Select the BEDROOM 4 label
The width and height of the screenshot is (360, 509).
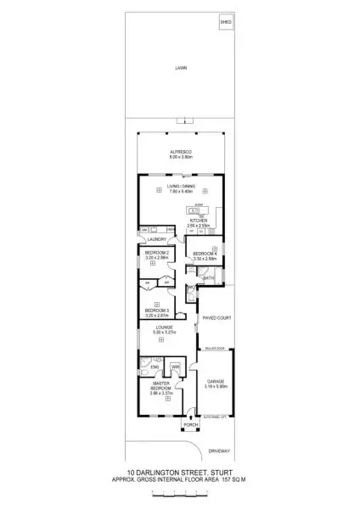[206, 255]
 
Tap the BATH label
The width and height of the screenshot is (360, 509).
[207, 277]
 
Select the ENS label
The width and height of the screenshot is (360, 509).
[155, 366]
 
